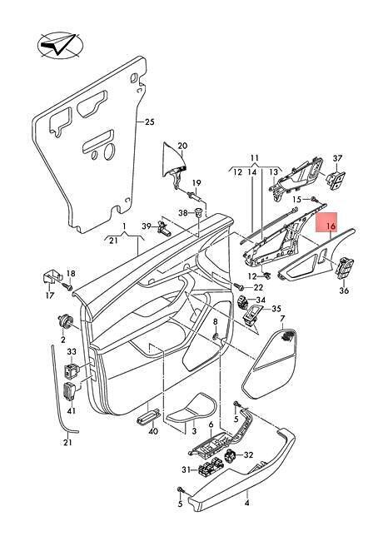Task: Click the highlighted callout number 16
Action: point(331,226)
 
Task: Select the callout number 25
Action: point(149,122)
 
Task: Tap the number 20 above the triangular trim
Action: point(182,146)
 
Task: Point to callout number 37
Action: point(337,158)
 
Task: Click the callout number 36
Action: point(344,290)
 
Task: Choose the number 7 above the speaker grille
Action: point(282,318)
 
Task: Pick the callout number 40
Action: point(153,431)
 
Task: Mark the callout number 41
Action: point(72,411)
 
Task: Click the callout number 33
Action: point(72,352)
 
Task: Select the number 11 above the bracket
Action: point(254,158)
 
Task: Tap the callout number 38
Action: point(183,213)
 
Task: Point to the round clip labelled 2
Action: point(65,320)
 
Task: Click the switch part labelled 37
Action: point(336,178)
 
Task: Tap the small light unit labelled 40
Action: point(148,419)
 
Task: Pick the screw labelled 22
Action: point(238,286)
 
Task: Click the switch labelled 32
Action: point(233,457)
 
